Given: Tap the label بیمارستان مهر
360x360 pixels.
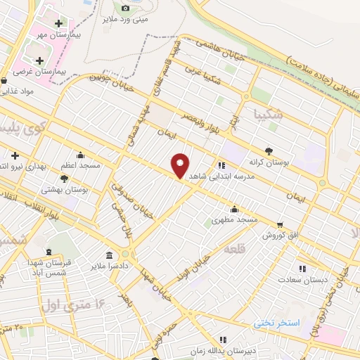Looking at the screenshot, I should point(59,34).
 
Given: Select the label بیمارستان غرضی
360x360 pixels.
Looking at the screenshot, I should point(61,72).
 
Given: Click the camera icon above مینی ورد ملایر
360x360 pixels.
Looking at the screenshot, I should point(126,8).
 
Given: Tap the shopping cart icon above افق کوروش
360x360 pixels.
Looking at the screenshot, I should point(281,224).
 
